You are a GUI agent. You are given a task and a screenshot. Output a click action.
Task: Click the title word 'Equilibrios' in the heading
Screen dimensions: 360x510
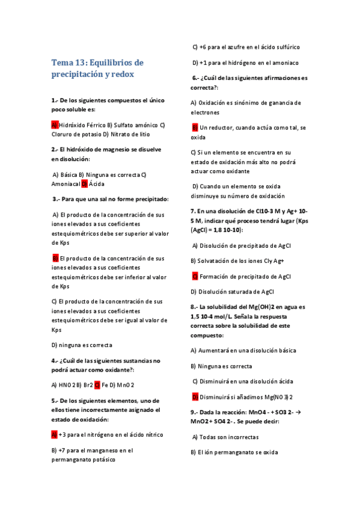click(x=115, y=63)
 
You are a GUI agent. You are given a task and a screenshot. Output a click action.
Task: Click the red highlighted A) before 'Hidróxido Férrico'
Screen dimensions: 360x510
click(x=54, y=124)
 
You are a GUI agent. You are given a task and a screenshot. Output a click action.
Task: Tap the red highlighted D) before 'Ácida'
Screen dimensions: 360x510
click(x=84, y=184)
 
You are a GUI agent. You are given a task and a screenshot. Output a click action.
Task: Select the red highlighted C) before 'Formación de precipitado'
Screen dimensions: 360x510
click(x=195, y=276)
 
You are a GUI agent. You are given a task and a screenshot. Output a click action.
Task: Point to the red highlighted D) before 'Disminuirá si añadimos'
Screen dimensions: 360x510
click(x=195, y=397)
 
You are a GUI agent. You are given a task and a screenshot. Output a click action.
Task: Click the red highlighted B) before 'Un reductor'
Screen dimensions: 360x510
click(x=195, y=127)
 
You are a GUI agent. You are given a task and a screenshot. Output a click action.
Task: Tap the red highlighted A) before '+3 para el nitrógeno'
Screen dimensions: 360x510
click(x=54, y=434)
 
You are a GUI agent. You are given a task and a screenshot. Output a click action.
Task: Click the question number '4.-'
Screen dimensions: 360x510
click(x=55, y=361)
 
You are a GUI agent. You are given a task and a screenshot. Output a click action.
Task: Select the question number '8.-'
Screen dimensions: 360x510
click(x=195, y=306)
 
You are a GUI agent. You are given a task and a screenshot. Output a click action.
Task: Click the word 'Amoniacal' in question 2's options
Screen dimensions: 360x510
click(x=66, y=184)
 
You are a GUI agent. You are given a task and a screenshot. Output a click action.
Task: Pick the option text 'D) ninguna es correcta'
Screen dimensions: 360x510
click(x=82, y=345)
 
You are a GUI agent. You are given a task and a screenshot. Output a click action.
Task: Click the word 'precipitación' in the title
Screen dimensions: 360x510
click(x=76, y=75)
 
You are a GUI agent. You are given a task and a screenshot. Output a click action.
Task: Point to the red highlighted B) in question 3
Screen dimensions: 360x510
click(x=55, y=258)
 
